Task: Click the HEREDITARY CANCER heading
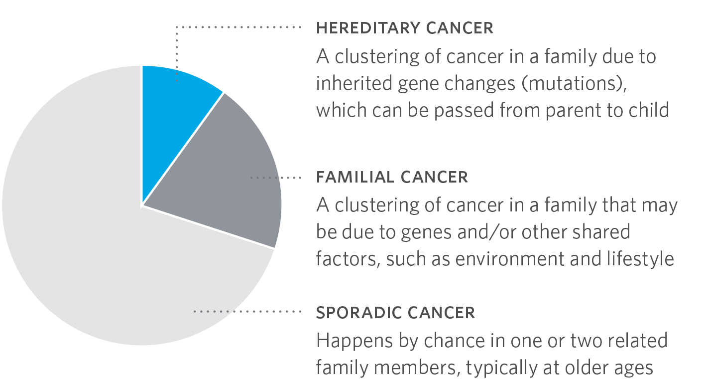(x=404, y=28)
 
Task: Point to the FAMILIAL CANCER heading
(x=392, y=177)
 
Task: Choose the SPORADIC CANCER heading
(x=395, y=313)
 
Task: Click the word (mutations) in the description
(x=574, y=84)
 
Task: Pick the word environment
(x=510, y=259)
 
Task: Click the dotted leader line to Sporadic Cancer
(x=247, y=312)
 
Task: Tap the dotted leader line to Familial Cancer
(x=276, y=178)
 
